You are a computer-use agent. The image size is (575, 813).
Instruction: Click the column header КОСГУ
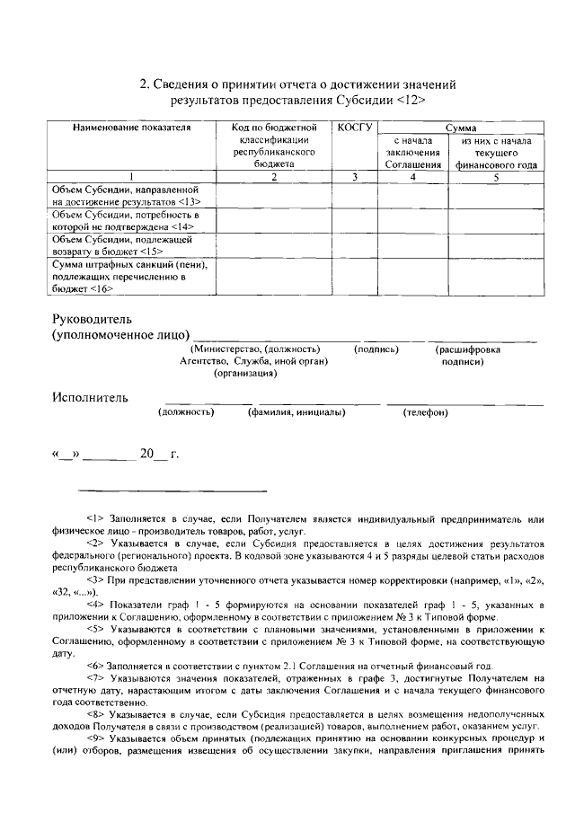coord(354,128)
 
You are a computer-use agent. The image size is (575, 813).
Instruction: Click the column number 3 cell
coord(354,177)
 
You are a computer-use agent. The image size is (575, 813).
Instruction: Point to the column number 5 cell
coord(495,177)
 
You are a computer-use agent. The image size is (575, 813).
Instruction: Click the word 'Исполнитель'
coord(89,397)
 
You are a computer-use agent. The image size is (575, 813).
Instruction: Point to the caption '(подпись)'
coord(376,349)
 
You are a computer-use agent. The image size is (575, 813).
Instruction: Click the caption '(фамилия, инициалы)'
coord(296,412)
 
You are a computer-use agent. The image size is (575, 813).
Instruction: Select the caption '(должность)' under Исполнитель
coord(186,412)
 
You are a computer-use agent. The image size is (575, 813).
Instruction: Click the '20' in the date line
coord(148,454)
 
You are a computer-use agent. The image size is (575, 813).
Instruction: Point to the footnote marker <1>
coord(96,519)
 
